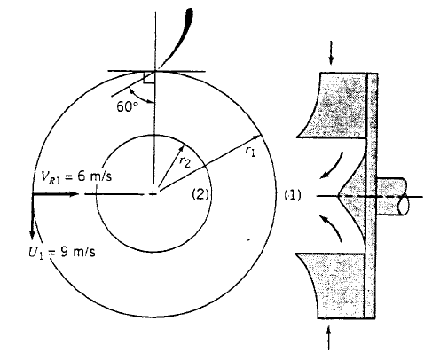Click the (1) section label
pyautogui.click(x=291, y=195)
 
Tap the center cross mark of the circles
pyautogui.click(x=153, y=194)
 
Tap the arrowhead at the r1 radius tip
pyautogui.click(x=261, y=136)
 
